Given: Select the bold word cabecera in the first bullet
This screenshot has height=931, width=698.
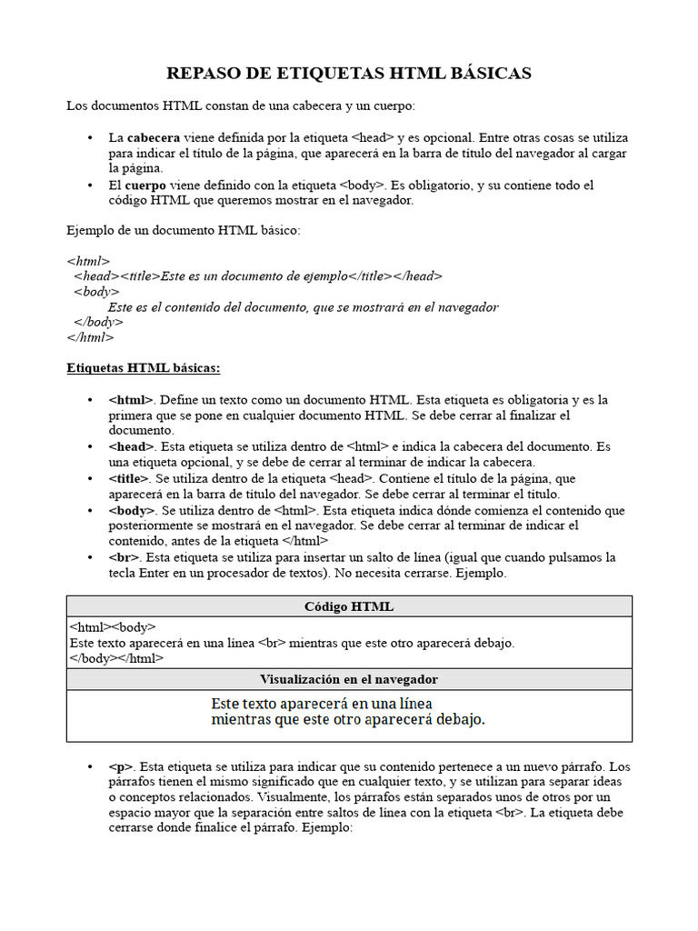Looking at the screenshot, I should [153, 137].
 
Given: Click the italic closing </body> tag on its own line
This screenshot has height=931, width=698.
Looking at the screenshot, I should [98, 322].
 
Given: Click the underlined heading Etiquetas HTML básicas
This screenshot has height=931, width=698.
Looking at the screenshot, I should [144, 368].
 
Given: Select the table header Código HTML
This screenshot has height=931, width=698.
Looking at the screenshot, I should [349, 606].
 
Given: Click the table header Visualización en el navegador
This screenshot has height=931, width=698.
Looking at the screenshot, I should [349, 679].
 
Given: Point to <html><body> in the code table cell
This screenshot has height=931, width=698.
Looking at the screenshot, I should [113, 627].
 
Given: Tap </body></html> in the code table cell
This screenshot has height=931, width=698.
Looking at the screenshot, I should [117, 658].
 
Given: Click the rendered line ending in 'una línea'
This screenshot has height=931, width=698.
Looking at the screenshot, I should [321, 703].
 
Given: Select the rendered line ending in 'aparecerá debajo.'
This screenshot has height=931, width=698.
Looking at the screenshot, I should [348, 720].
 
